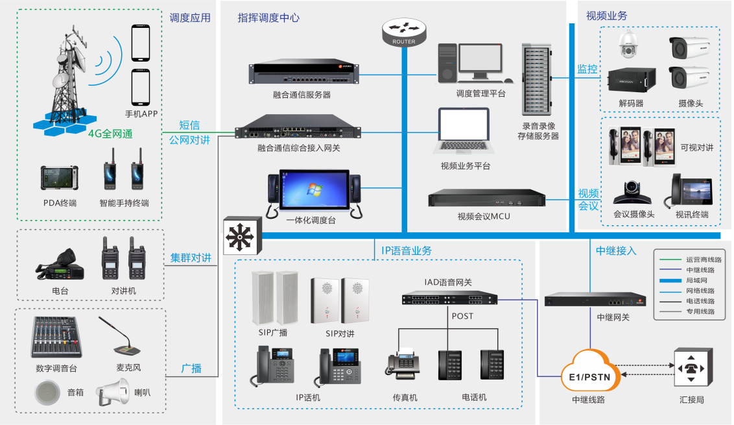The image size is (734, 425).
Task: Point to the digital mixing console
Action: (x=56, y=337)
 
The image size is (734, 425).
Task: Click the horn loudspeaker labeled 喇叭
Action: (x=117, y=392)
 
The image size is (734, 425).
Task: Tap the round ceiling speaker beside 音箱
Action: (x=47, y=392)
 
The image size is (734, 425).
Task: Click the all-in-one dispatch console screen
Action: (x=314, y=192)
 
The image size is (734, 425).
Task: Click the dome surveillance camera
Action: (x=628, y=45)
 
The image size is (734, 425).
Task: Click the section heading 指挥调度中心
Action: (x=268, y=18)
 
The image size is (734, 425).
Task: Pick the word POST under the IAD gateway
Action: (x=462, y=316)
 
